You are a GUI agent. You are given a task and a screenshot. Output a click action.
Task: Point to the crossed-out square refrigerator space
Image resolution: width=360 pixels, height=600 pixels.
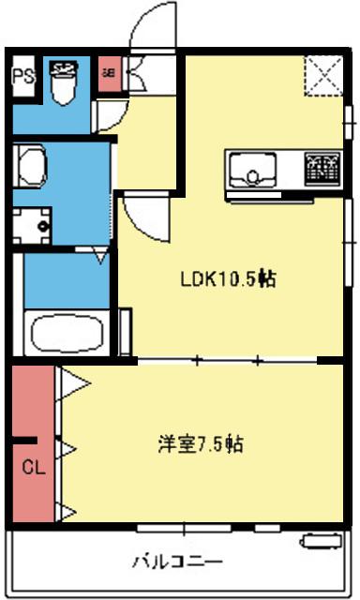[324, 76]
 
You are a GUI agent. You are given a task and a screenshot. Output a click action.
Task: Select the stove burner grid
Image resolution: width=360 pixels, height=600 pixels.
[322, 170]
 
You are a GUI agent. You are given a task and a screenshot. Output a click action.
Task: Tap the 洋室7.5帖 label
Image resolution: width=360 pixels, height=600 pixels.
[201, 444]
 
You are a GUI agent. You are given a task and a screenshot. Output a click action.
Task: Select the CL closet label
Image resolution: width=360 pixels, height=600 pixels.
[32, 465]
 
